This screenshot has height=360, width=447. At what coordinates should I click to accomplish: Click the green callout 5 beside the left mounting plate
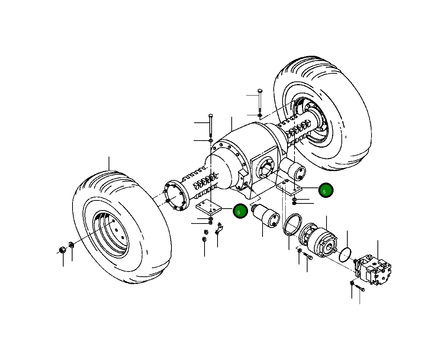tap(240, 211)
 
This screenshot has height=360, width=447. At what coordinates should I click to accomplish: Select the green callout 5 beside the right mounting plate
tap(326, 190)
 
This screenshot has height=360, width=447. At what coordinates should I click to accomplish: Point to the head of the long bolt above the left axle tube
tap(210, 115)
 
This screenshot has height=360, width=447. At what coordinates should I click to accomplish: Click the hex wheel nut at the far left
tap(63, 249)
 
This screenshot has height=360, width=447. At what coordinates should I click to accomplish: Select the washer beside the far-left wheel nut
tap(71, 245)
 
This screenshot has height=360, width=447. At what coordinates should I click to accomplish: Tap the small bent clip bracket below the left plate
tap(219, 228)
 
